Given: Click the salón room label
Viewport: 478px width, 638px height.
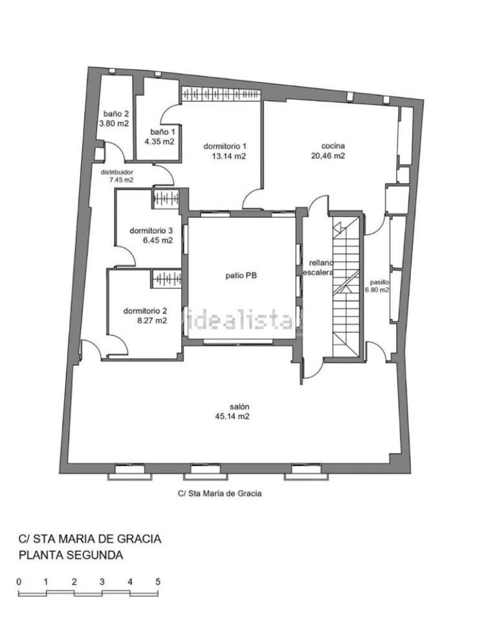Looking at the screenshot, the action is tap(240, 406).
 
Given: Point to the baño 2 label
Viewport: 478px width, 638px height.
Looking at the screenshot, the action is tap(116, 115).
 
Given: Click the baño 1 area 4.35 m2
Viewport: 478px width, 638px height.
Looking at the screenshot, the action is tap(159, 141).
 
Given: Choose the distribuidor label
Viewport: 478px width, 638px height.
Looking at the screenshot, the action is tap(116, 172).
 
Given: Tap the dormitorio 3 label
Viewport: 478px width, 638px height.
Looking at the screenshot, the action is tap(151, 231).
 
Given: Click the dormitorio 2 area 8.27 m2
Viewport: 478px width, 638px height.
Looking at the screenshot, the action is tap(152, 321).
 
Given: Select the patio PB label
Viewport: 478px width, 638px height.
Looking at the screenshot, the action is tap(241, 275).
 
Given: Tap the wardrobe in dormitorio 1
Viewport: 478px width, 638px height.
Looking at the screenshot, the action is tap(221, 94).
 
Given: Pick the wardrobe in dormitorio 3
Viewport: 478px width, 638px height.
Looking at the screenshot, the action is tap(166, 199).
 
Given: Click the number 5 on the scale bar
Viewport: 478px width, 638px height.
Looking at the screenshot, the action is tap(157, 582).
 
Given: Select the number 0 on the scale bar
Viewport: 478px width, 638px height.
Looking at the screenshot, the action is tap(19, 582).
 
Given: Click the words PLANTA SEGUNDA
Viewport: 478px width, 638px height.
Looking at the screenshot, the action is tap(71, 555).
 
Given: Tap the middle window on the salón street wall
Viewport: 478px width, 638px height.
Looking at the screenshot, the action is tap(202, 472).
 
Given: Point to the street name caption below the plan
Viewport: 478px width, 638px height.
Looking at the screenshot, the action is tap(220, 493).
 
